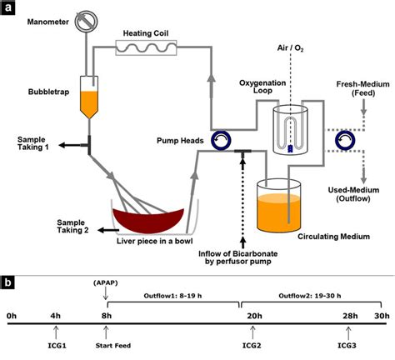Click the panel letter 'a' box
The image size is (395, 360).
pyautogui.click(x=9, y=9)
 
